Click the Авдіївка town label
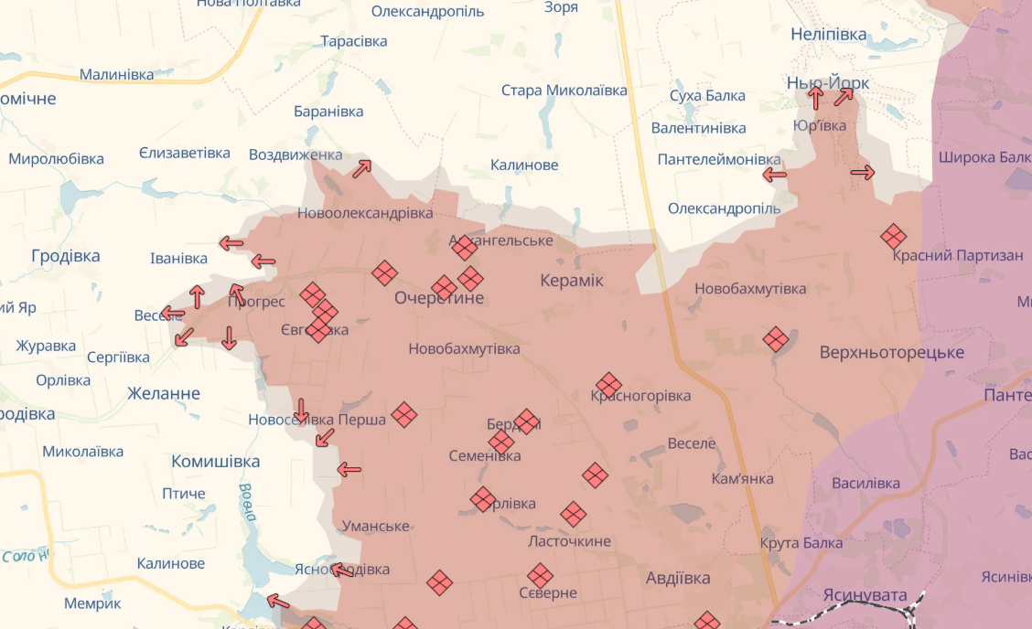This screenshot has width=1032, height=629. click(x=677, y=578)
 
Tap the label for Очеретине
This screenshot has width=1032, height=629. click(x=439, y=298)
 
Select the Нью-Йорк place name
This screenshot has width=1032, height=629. click(x=828, y=83)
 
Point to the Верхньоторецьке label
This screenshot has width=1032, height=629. click(x=891, y=352)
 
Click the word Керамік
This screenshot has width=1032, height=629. click(x=572, y=281)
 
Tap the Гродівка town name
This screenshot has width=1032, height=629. click(x=65, y=256)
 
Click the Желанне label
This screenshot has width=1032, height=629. click(x=164, y=394)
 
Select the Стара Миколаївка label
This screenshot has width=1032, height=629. click(x=564, y=91)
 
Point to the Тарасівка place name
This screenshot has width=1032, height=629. click(x=353, y=41)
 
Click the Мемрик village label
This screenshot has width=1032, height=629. click(x=92, y=603)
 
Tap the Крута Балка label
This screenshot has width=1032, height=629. click(x=801, y=543)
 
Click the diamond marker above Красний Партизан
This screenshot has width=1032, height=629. click(x=894, y=237)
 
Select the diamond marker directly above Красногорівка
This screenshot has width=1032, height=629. click(x=608, y=385)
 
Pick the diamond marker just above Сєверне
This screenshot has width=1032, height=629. click(x=541, y=576)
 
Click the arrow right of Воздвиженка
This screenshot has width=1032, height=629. click(x=362, y=169)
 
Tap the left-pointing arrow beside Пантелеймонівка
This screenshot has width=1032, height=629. click(x=775, y=175)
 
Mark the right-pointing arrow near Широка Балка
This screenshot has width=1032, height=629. click(x=863, y=172)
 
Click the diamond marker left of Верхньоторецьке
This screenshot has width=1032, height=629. click(x=776, y=339)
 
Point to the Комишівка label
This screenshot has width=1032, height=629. click(x=216, y=462)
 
